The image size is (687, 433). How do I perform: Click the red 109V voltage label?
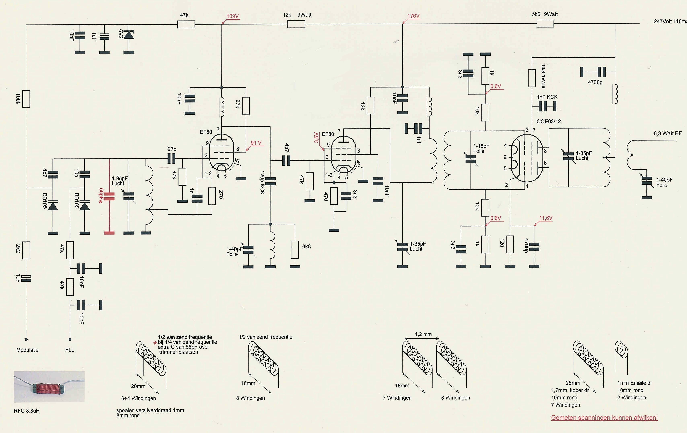coord(232,16)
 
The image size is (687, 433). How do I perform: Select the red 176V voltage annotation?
coord(413,16)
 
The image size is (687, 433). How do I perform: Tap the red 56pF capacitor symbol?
coord(109,196)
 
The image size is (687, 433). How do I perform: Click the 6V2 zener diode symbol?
coord(129,35)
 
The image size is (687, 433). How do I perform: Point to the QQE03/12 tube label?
coord(549,121)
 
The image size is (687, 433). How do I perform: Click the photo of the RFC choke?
coord(49,387)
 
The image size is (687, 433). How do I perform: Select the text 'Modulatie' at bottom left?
coord(27,350)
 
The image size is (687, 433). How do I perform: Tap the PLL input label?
coord(70,350)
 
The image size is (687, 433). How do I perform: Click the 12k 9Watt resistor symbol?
coord(296,24)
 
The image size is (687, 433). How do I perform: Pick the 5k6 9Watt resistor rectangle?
coord(545,24)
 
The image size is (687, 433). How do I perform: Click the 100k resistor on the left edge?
coord(26,99)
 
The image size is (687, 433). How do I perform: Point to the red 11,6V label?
coord(546,218)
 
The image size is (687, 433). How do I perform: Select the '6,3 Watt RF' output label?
coord(668,133)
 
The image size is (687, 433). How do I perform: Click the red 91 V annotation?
coord(256,143)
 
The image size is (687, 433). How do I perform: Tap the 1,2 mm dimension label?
coord(423,334)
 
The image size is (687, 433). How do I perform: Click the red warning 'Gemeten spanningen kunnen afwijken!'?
coord(604,418)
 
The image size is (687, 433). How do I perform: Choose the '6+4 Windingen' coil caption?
coord(139,398)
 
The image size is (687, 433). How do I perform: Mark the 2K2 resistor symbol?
coord(26,250)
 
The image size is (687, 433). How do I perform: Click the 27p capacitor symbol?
coord(172,158)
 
